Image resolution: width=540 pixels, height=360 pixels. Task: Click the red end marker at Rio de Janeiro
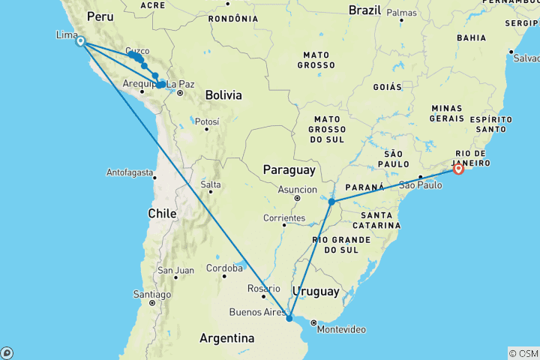458,169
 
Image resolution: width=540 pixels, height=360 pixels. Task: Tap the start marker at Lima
80,42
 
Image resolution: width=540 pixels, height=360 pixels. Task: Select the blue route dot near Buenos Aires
289,318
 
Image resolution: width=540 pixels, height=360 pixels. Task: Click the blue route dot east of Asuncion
331,202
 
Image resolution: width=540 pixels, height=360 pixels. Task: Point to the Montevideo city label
341,330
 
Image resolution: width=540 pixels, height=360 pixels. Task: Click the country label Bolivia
223,95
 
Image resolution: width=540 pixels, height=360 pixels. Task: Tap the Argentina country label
224,339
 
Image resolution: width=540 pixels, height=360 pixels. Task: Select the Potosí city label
207,121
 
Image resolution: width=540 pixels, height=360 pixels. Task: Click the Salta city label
210,184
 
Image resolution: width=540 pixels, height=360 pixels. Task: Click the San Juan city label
175,270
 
